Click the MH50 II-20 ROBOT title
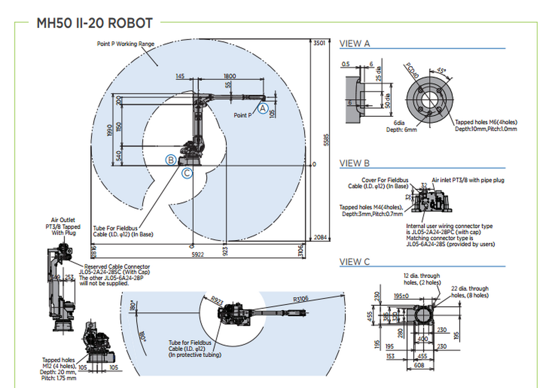[94, 23]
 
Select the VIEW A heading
[355, 44]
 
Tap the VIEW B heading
[355, 164]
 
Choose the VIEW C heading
[355, 262]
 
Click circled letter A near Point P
[263, 109]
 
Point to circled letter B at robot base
[171, 160]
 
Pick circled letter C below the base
[186, 173]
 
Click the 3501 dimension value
[319, 43]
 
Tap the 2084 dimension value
[320, 237]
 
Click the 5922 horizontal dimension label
[197, 254]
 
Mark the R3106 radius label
[301, 299]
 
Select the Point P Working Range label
[125, 44]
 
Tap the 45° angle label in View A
[441, 71]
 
